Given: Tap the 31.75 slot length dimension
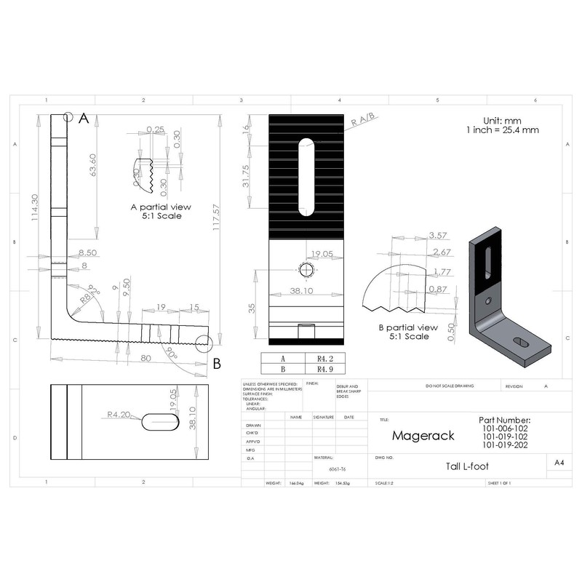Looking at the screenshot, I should (247, 175).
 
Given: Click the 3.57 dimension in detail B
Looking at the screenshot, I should (437, 235).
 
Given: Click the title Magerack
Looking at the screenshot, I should (423, 435).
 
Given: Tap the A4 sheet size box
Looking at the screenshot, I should (559, 463).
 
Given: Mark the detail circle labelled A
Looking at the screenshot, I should (68, 116).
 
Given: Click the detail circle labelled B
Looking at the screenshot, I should (204, 345).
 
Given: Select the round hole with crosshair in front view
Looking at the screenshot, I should (306, 269).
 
